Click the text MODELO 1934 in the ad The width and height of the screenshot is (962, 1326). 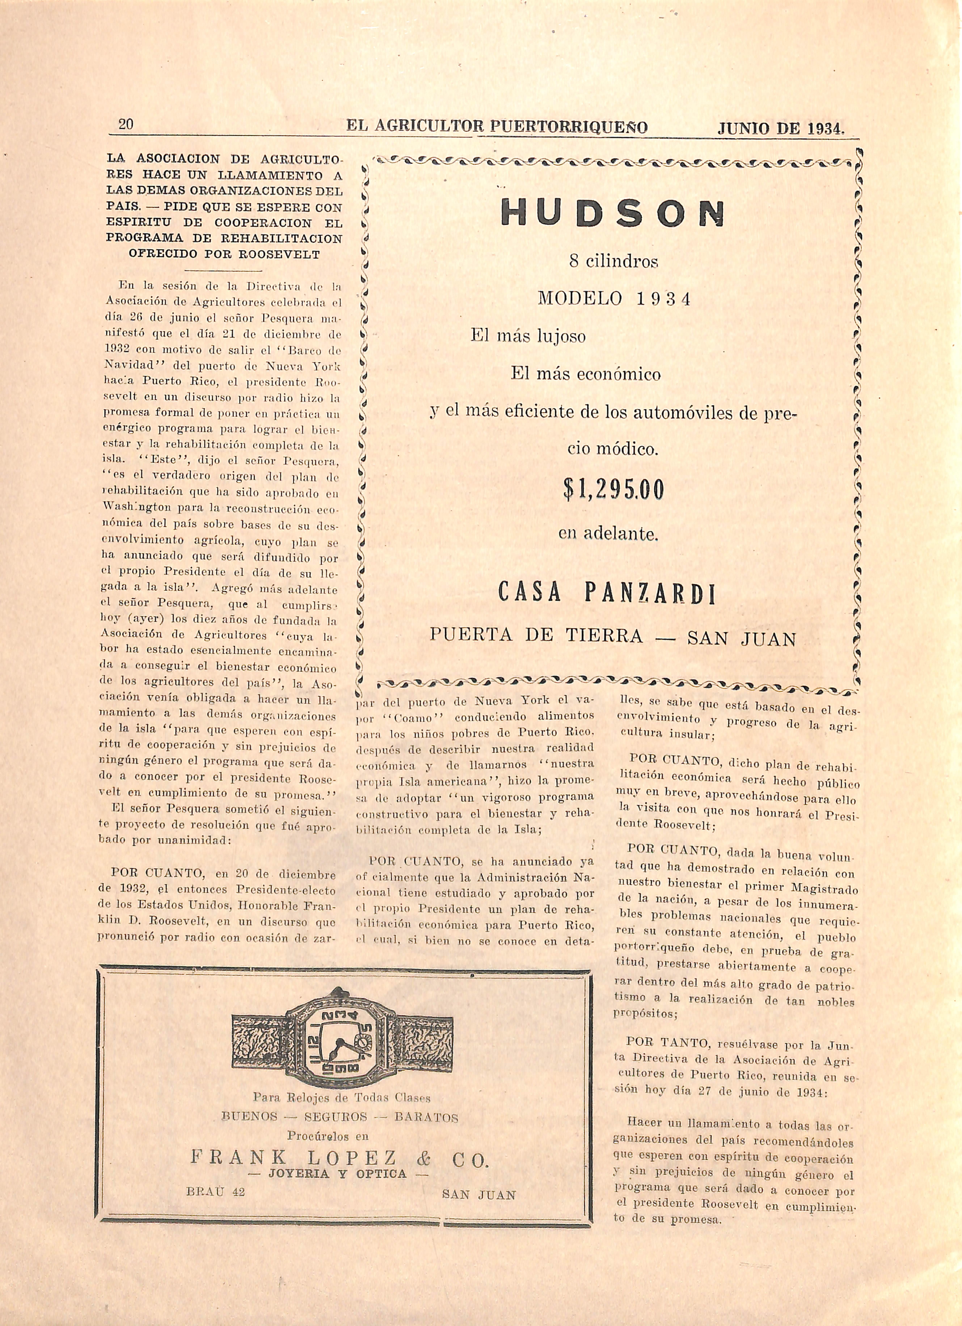coord(614,299)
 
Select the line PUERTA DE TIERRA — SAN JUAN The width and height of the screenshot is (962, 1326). coord(613,637)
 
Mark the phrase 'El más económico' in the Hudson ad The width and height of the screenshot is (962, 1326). coord(586,374)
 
